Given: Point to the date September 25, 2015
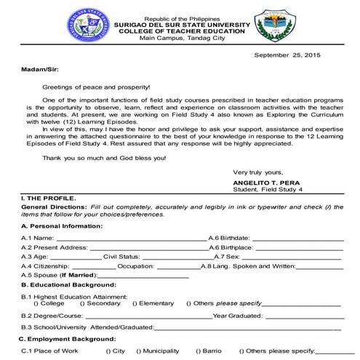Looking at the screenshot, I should [287, 55].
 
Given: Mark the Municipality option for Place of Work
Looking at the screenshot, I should [158, 351].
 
